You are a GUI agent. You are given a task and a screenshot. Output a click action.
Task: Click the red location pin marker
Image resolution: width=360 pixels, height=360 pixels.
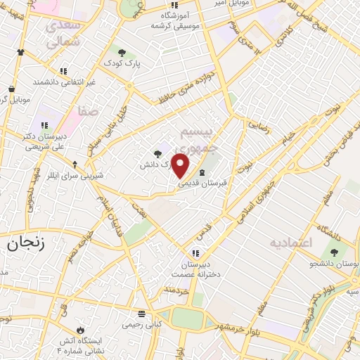click(x=181, y=166)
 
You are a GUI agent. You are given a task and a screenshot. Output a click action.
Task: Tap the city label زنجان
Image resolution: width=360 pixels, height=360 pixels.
click(x=25, y=244)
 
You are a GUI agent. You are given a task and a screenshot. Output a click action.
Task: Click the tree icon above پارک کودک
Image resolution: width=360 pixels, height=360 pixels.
click(x=122, y=53)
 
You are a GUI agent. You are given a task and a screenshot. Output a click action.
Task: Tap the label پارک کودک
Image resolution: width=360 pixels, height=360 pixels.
click(x=125, y=64)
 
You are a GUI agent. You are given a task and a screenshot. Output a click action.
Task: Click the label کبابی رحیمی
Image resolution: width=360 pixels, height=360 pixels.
click(x=143, y=325)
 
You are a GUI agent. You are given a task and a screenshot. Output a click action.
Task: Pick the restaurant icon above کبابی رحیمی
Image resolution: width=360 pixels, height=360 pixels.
click(x=143, y=314)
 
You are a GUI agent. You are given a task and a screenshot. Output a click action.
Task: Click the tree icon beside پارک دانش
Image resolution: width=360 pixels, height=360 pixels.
click(x=156, y=154)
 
